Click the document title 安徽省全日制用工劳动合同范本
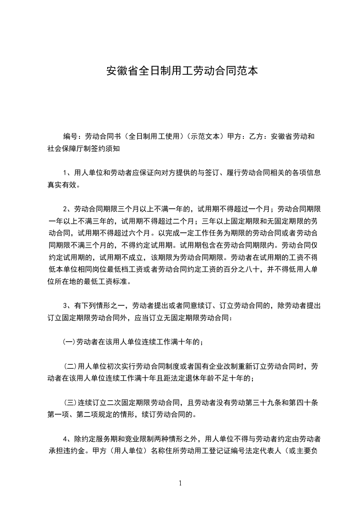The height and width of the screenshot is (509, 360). pos(182,71)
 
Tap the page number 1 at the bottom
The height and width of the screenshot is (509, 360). pos(180,483)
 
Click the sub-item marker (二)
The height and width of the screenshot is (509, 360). pos(71,366)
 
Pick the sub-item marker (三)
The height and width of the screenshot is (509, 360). pos(71,402)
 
